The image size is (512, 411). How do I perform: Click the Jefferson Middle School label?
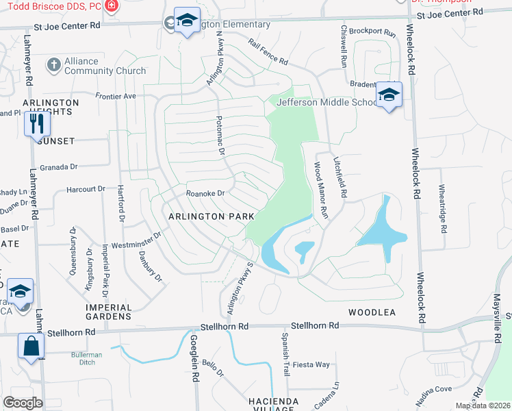(x=327, y=102)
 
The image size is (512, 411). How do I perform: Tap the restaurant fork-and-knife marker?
(x=36, y=124)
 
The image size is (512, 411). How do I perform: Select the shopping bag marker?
(x=31, y=346)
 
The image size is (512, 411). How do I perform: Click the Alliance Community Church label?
(x=105, y=66)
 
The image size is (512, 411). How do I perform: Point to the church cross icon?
(x=53, y=66)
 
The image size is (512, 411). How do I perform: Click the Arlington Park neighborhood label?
(x=212, y=216)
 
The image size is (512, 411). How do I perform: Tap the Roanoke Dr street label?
(x=206, y=194)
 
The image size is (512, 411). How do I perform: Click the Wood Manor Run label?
(x=321, y=189)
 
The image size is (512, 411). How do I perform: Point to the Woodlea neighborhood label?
(x=372, y=312)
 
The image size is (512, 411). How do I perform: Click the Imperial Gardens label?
(x=108, y=312)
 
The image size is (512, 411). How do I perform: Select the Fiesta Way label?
(x=311, y=364)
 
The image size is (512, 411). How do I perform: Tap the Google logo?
(x=23, y=403)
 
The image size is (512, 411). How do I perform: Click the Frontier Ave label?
(x=116, y=96)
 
